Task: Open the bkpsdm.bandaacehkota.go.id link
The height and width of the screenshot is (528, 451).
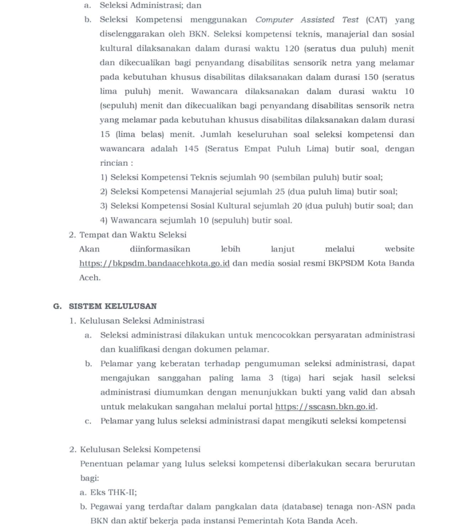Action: click(154, 263)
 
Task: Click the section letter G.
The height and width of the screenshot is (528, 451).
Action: click(57, 306)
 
